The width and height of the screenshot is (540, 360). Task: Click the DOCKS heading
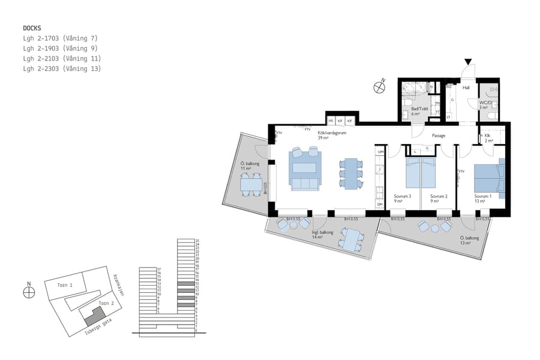32,28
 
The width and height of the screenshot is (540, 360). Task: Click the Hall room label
466,87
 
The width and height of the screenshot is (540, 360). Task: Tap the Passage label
439,136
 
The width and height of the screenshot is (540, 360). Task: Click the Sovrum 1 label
482,196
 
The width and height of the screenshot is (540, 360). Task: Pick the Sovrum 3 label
402,196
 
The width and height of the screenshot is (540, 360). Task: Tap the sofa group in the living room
305,170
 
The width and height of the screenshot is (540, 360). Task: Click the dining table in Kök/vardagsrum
352,173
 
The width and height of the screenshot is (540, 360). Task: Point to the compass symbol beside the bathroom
379,88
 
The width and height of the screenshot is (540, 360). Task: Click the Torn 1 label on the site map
65,285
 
